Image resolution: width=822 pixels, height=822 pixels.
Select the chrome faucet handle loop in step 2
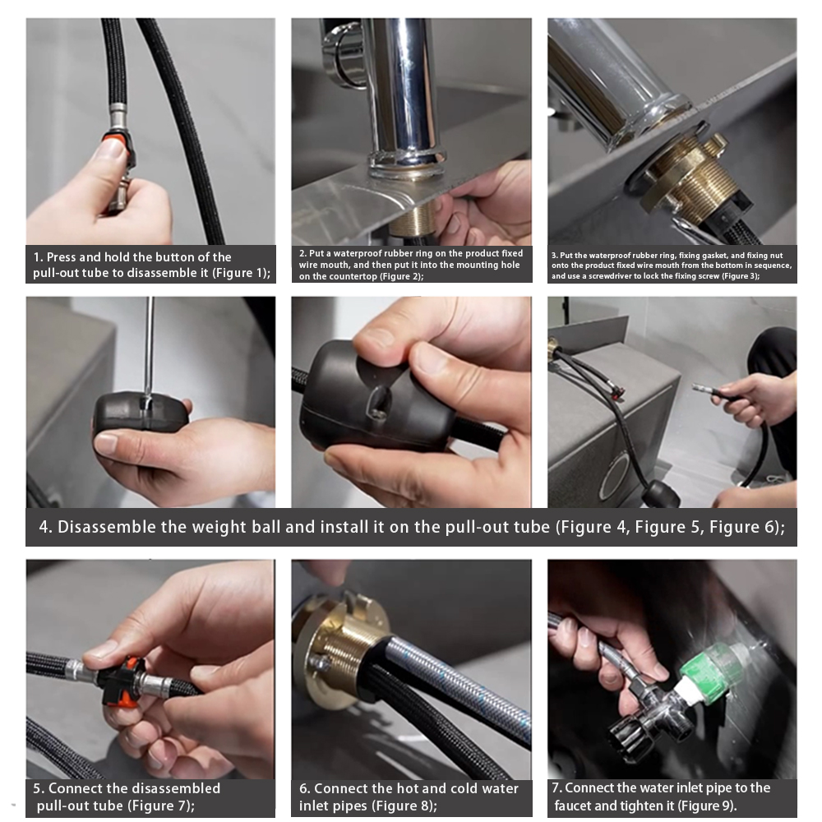(x=342, y=54)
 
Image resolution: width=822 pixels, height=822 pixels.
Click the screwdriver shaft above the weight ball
(x=150, y=347)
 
